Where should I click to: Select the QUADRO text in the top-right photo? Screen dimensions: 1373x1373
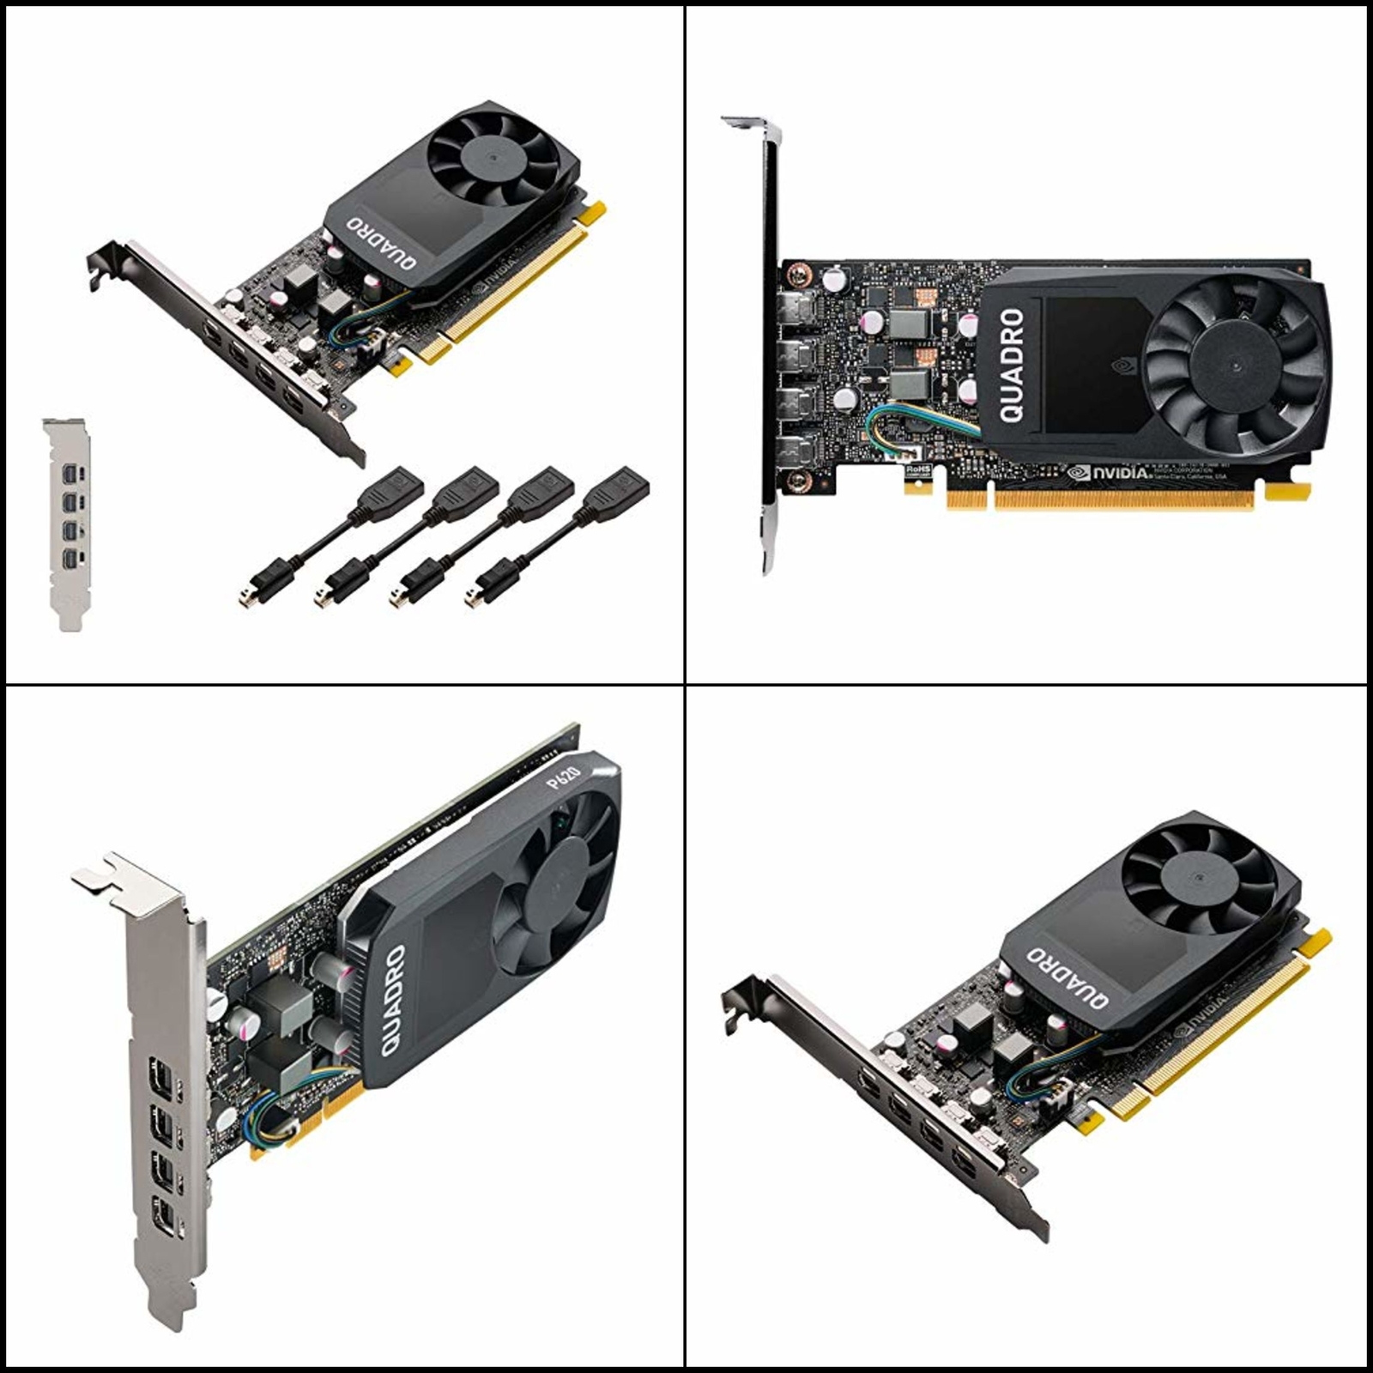pyautogui.click(x=1013, y=366)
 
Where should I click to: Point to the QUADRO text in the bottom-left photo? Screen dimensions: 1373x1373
pyautogui.click(x=393, y=1000)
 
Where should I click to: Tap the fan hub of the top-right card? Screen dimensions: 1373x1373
pyautogui.click(x=1235, y=366)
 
